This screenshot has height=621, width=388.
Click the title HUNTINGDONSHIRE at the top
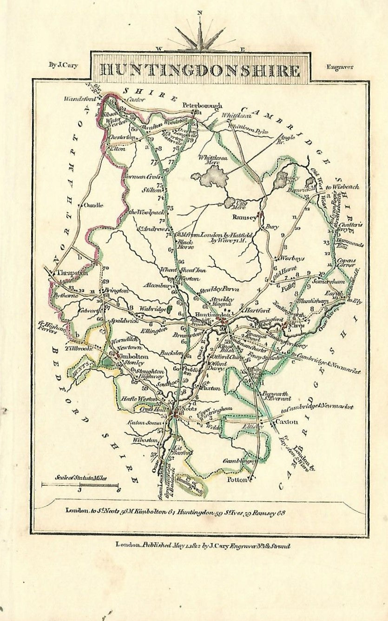[x=199, y=70]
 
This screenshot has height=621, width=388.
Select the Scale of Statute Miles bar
[x=80, y=484]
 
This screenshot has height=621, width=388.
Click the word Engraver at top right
[x=340, y=66]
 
